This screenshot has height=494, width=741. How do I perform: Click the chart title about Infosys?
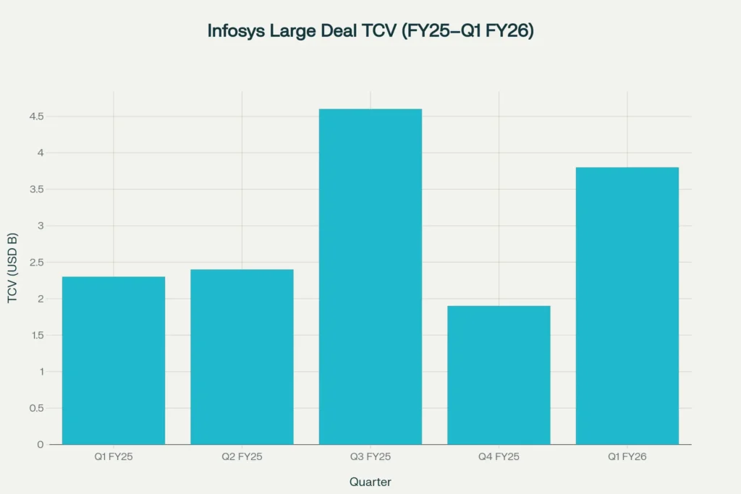370,31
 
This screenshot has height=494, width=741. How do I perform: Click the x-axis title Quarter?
370,482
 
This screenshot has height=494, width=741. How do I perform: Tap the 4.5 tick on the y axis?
36,116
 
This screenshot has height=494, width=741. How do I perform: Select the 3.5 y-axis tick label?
36,189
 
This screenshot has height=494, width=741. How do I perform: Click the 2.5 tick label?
36,263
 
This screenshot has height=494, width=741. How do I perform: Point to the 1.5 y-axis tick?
36,336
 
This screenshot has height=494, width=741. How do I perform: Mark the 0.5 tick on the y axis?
36,408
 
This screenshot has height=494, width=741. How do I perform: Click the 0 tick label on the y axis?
41,444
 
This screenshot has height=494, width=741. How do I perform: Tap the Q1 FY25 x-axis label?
114,457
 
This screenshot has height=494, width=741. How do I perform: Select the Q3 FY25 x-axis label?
370,457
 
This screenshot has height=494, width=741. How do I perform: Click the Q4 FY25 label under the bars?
499,457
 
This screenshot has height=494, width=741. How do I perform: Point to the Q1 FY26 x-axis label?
627,457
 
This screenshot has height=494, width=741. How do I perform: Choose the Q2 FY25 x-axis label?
242,457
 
